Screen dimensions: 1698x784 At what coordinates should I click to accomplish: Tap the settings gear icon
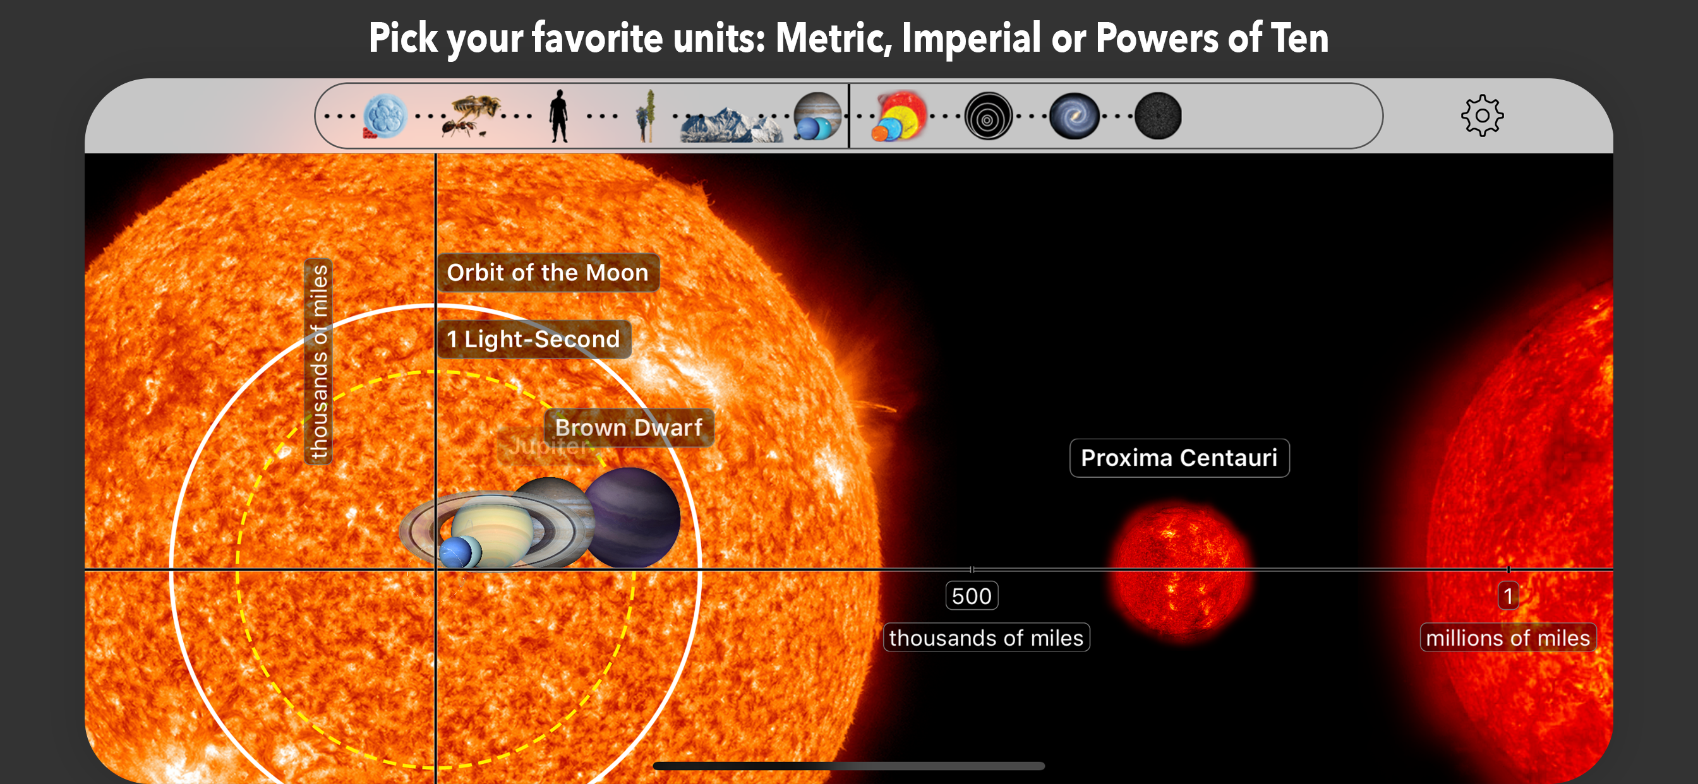1482,116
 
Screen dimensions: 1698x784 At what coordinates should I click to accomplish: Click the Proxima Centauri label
1179,458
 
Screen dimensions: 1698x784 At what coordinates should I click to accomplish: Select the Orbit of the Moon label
548,273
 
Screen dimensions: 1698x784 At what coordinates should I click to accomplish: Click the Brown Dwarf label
629,427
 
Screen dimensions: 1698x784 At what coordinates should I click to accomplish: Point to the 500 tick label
972,596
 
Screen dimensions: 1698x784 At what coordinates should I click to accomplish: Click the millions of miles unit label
1508,638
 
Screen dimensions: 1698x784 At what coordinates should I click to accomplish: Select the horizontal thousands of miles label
986,638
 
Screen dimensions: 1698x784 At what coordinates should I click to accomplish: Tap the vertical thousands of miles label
318,362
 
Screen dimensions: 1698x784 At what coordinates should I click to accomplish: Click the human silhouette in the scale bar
558,116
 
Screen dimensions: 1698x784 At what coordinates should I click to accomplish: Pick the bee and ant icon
472,116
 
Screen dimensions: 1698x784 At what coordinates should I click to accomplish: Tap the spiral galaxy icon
1074,116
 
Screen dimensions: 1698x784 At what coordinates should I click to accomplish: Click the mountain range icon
730,125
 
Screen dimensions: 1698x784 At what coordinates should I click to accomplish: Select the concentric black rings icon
988,117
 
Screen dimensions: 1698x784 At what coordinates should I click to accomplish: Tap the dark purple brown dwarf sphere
631,518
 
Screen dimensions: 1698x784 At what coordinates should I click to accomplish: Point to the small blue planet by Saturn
457,552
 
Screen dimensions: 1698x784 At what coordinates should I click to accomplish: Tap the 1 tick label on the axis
1508,596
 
